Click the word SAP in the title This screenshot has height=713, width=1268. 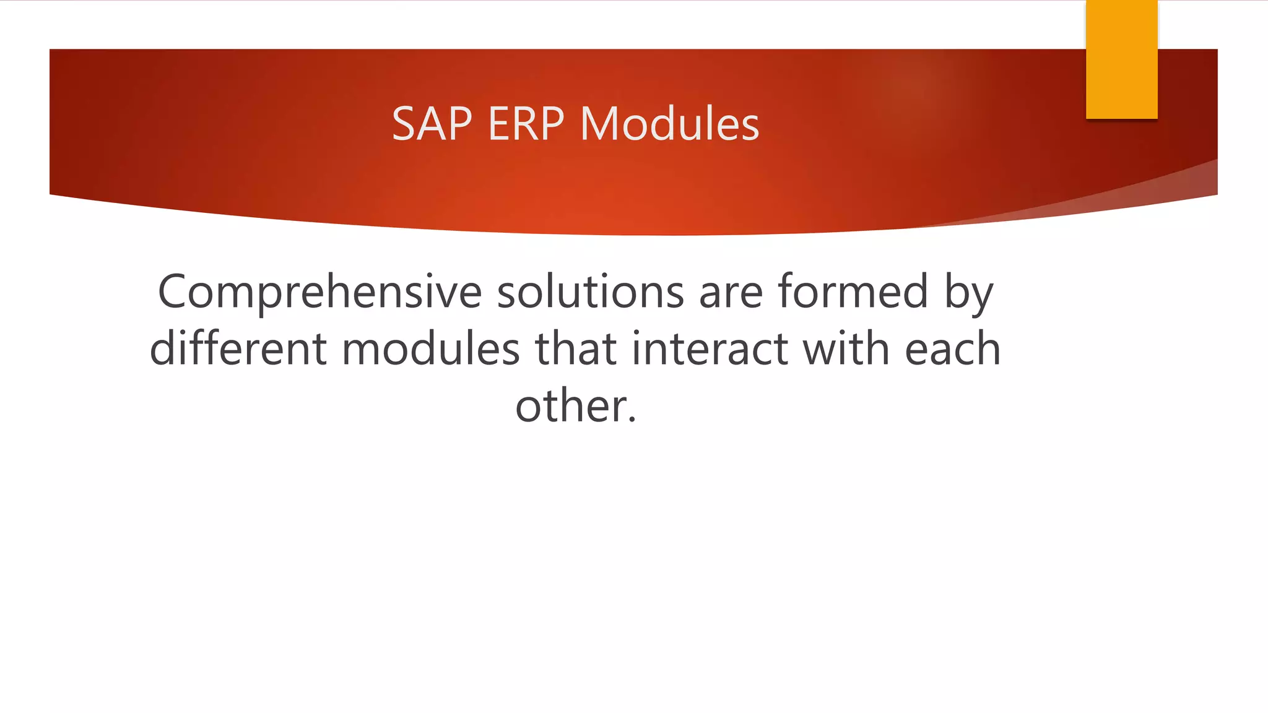point(432,124)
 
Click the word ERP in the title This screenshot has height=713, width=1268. point(526,124)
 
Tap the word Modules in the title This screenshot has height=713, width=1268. point(669,124)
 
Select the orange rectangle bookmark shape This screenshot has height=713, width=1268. point(1121,59)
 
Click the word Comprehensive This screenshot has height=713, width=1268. point(319,292)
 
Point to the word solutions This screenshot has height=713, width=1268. point(590,292)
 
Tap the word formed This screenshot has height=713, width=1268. point(853,292)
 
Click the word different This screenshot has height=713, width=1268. point(238,348)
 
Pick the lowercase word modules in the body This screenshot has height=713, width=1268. point(430,348)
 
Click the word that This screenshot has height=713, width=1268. point(575,348)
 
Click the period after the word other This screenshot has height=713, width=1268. point(632,421)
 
